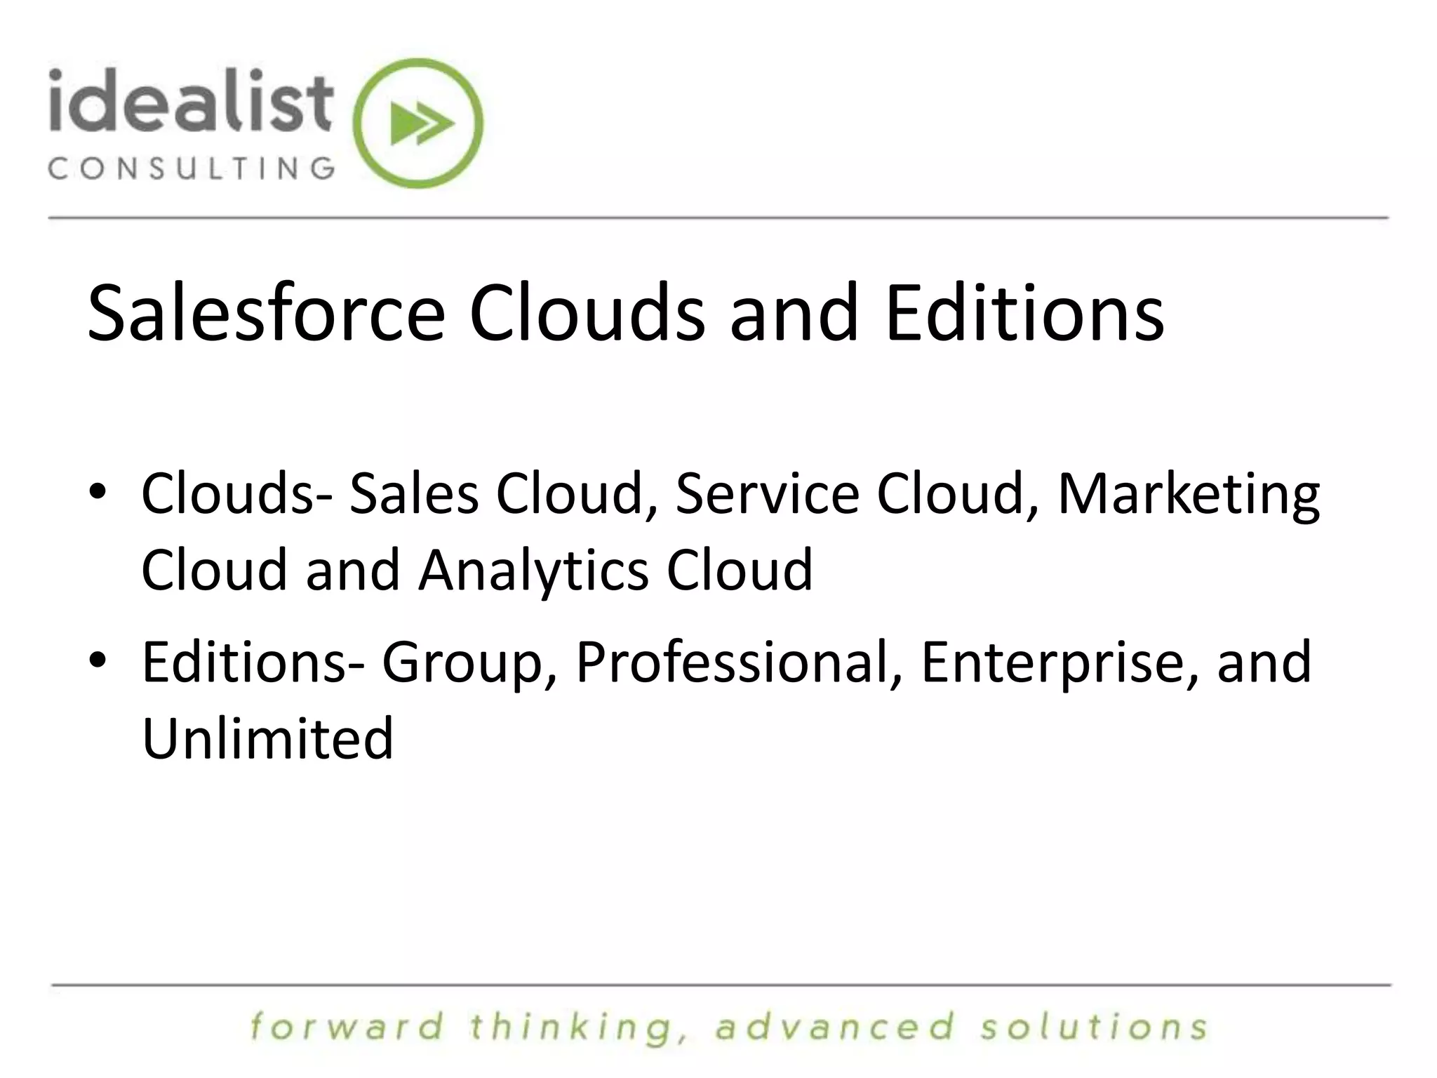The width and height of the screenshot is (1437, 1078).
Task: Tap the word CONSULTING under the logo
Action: [191, 168]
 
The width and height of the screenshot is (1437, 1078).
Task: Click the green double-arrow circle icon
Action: [419, 124]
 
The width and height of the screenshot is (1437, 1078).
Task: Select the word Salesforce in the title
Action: [266, 313]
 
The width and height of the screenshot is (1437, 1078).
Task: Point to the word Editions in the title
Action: [1024, 313]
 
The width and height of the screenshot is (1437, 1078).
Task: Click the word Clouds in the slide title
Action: [587, 313]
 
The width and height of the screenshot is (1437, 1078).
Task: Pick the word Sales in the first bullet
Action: [414, 493]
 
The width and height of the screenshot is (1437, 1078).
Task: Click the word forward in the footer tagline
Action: [347, 1027]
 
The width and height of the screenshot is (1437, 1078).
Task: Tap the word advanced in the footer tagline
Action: [836, 1027]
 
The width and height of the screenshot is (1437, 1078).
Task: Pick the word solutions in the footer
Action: [1094, 1027]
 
